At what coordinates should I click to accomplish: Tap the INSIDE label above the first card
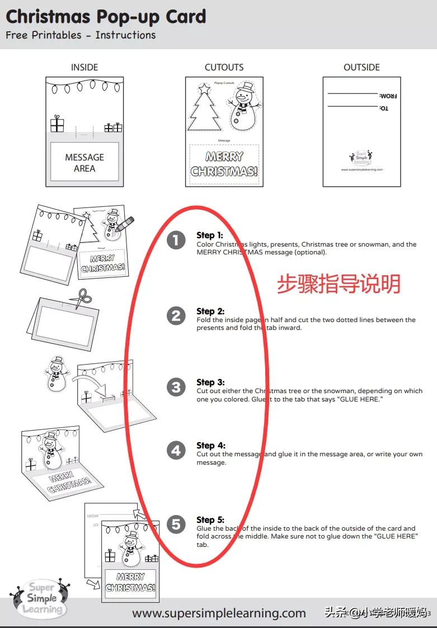click(x=84, y=67)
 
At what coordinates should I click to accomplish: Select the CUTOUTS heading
click(x=224, y=67)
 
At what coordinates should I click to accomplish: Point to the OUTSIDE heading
click(x=361, y=67)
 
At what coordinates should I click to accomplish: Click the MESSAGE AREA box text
click(x=84, y=163)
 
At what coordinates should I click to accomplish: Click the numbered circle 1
click(x=176, y=240)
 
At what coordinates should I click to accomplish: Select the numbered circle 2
click(x=176, y=316)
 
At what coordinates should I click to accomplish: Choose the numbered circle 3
click(x=176, y=387)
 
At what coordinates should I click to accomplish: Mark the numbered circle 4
click(x=176, y=450)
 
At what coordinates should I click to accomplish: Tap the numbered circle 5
click(x=176, y=524)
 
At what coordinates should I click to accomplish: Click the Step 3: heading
click(x=210, y=383)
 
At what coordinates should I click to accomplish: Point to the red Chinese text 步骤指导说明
click(x=339, y=284)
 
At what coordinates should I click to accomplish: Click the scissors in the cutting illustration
click(x=82, y=298)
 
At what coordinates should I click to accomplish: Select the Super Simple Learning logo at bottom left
click(x=40, y=598)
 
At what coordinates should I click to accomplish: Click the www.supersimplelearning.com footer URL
click(x=219, y=613)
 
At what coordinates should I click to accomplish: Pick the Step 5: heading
click(x=210, y=520)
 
